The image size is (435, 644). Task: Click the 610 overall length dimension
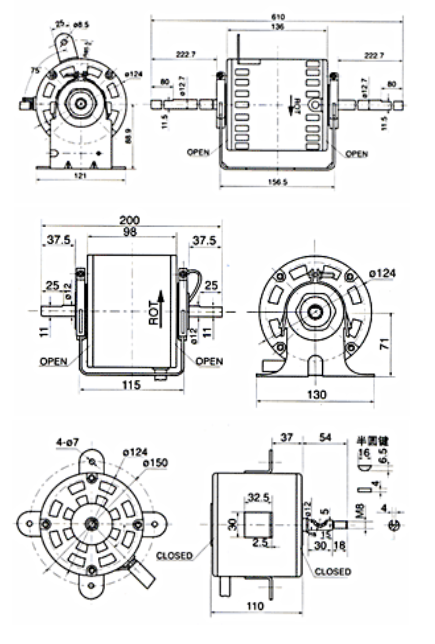[278, 17]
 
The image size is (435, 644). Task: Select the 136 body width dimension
[278, 27]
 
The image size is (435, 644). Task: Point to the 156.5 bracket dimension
[277, 182]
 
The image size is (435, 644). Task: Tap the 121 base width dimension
[81, 175]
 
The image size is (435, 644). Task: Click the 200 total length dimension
[129, 220]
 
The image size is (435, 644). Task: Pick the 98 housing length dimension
[130, 232]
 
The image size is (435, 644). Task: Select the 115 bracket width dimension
[131, 385]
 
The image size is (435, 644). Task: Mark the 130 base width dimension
[317, 394]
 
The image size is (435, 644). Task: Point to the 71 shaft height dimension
[384, 344]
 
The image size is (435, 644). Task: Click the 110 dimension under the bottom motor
[255, 606]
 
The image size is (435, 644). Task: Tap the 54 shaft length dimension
[325, 437]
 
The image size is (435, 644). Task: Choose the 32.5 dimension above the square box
[258, 498]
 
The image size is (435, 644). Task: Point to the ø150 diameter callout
[155, 463]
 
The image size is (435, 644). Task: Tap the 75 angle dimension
[35, 70]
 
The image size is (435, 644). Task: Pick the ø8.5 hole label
[81, 25]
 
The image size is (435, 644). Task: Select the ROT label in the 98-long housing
[153, 313]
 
